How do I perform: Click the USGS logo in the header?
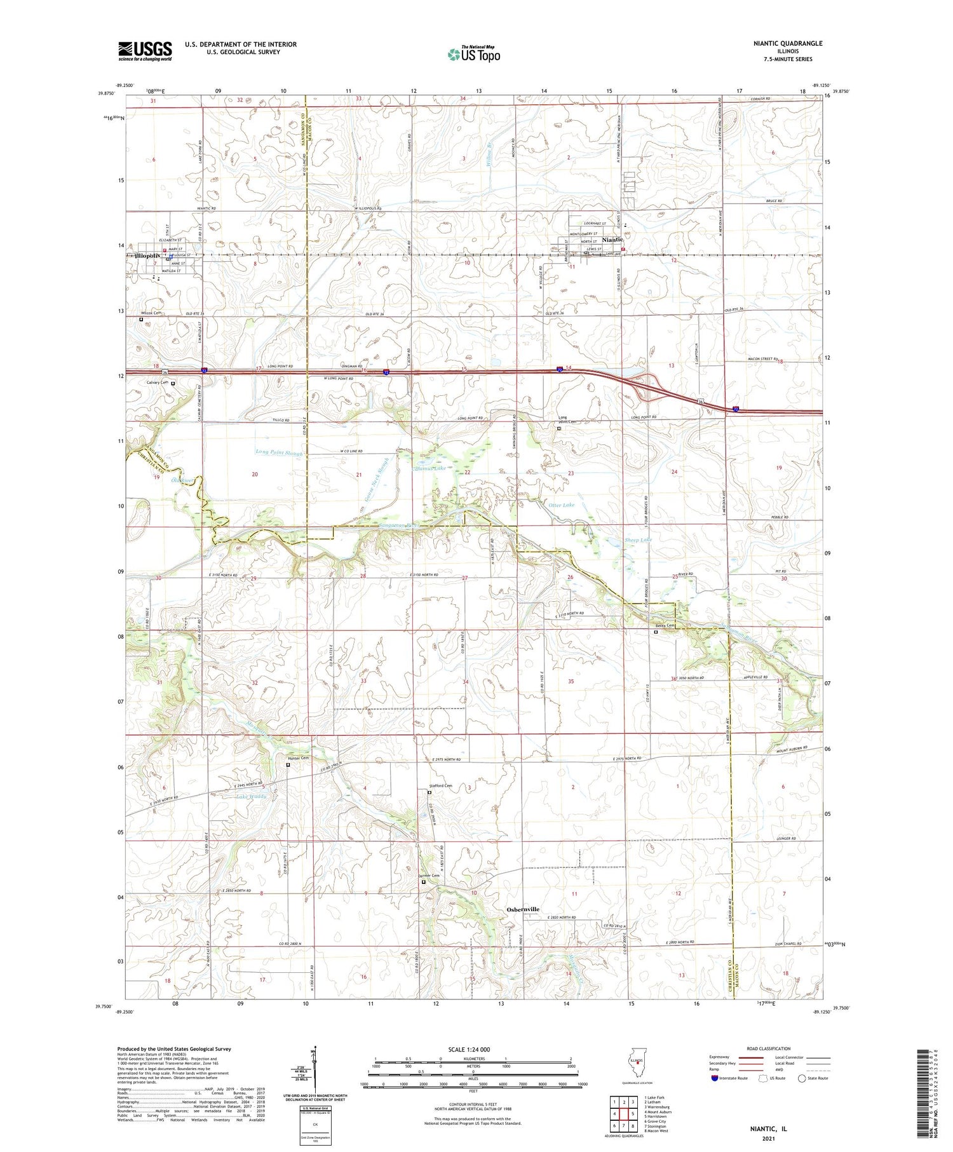(145, 51)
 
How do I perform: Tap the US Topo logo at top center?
(474, 54)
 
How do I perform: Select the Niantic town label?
(612, 240)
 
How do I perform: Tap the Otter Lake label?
(561, 505)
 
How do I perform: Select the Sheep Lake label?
(638, 539)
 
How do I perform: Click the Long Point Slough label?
(278, 453)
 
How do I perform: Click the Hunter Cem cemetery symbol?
(288, 765)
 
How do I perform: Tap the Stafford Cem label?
(440, 786)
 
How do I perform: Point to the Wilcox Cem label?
(151, 313)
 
